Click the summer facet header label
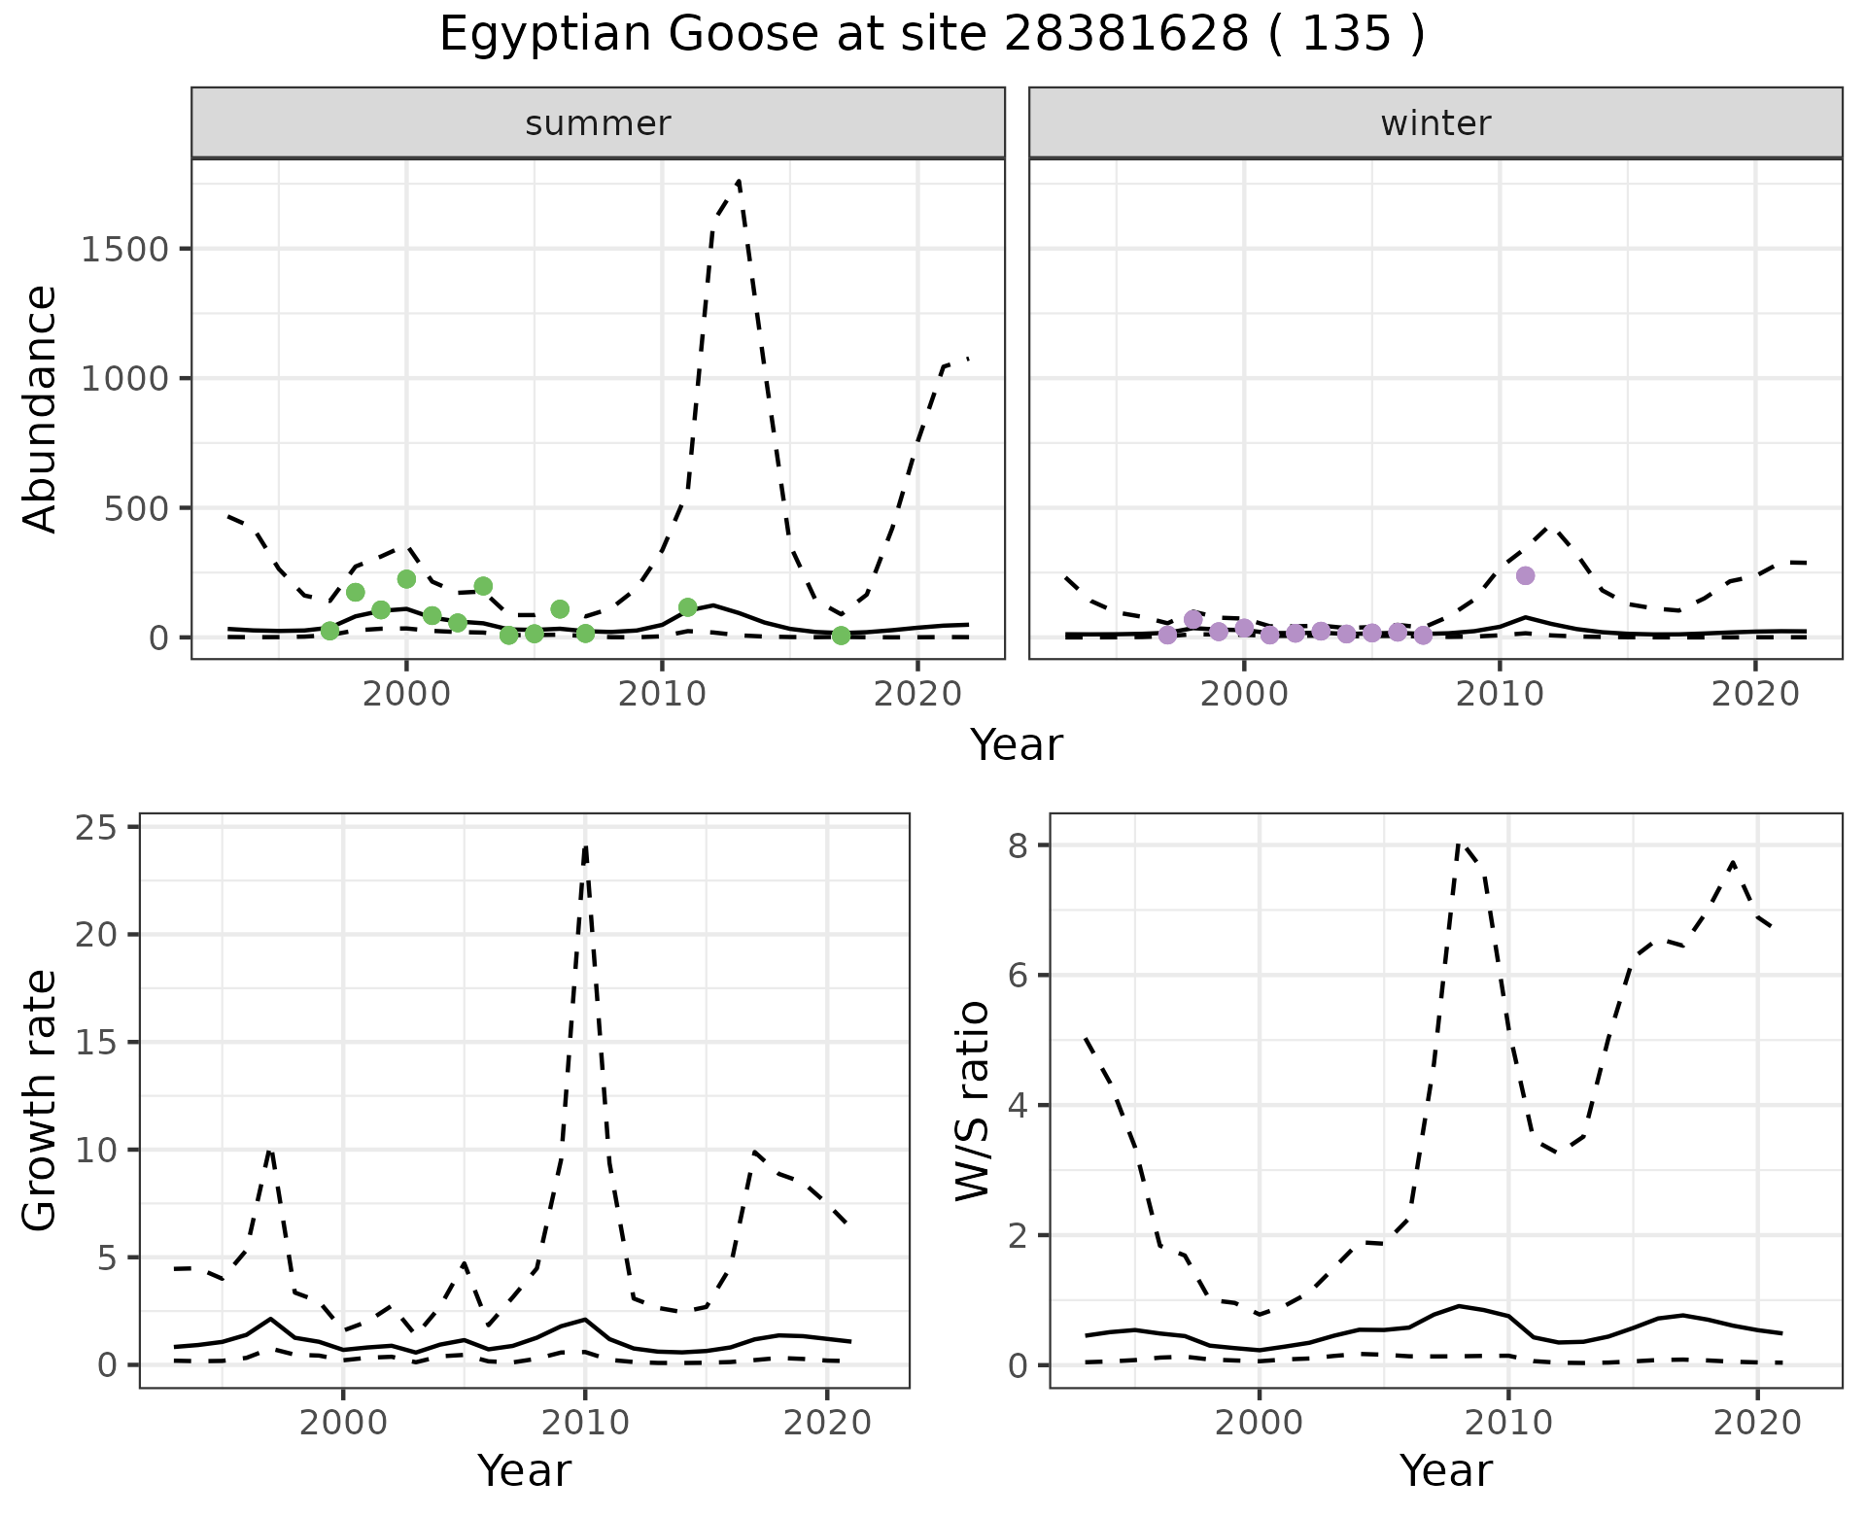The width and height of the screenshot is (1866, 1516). [598, 123]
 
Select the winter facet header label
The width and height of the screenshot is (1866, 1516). [1435, 123]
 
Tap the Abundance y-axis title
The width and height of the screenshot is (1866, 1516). [41, 408]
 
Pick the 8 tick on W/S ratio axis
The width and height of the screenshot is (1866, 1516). [1019, 845]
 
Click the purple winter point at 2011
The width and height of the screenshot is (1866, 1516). [1525, 575]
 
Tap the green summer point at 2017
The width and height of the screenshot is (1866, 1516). [841, 636]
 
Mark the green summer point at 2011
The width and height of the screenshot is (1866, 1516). [687, 607]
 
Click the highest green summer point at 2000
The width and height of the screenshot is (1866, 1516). [406, 578]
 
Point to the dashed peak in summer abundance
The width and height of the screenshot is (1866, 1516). [739, 181]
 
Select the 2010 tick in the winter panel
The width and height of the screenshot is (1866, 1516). [1500, 695]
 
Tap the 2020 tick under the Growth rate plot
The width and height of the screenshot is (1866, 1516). [826, 1424]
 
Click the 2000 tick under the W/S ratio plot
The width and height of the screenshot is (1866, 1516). [1260, 1424]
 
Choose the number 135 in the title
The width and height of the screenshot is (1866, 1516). [1345, 35]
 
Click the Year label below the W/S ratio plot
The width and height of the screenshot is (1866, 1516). [1445, 1471]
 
